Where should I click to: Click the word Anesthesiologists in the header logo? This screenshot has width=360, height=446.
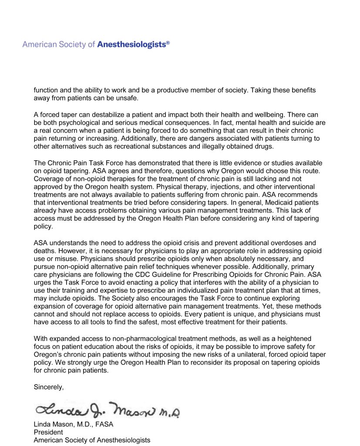[x=131, y=44]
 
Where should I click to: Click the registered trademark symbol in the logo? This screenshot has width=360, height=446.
[x=168, y=43]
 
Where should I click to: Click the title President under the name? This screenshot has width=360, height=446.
[x=48, y=432]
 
